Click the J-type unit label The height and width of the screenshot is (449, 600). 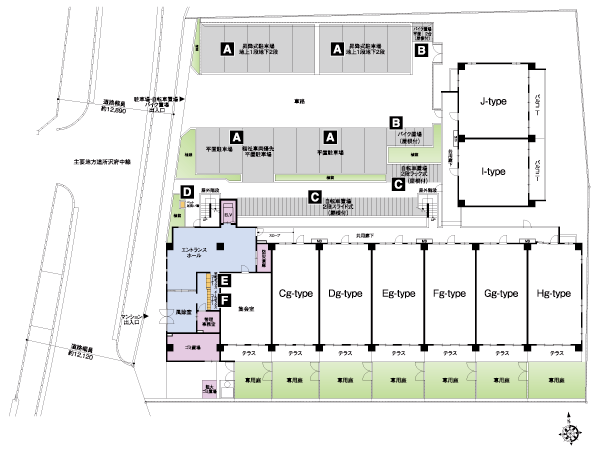492,100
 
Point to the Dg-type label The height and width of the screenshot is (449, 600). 346,293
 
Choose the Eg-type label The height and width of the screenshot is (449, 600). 398,293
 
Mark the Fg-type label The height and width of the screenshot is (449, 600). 450,293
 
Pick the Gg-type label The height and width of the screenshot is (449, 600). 501,293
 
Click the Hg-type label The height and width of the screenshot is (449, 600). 553,293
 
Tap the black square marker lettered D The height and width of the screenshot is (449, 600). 187,191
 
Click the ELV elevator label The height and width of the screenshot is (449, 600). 226,215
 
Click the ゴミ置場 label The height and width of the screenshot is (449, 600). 194,349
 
